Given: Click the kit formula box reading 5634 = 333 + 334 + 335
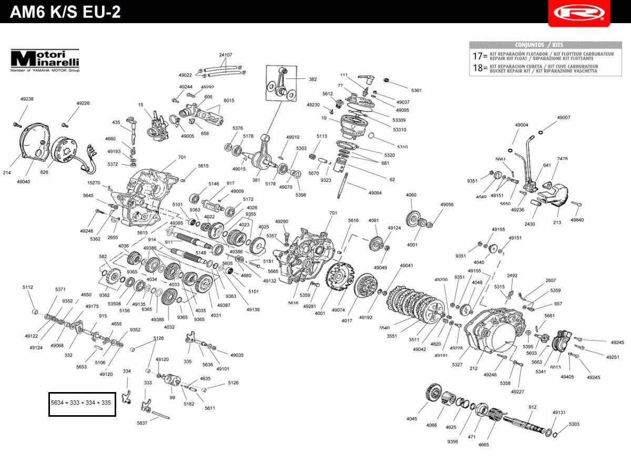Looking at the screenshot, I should [82, 403].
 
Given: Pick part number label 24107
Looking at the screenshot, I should [226, 55].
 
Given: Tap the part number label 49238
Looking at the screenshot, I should [27, 99].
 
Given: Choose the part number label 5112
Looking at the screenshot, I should [27, 287].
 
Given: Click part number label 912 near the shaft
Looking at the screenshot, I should [532, 407].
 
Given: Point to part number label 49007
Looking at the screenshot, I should [563, 118].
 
